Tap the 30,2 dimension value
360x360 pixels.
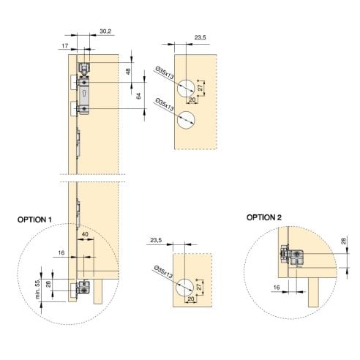click(x=105, y=31)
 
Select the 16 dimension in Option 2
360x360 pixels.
click(x=277, y=288)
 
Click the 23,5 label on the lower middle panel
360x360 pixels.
click(x=155, y=239)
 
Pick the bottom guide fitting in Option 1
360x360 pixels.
click(x=83, y=288)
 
